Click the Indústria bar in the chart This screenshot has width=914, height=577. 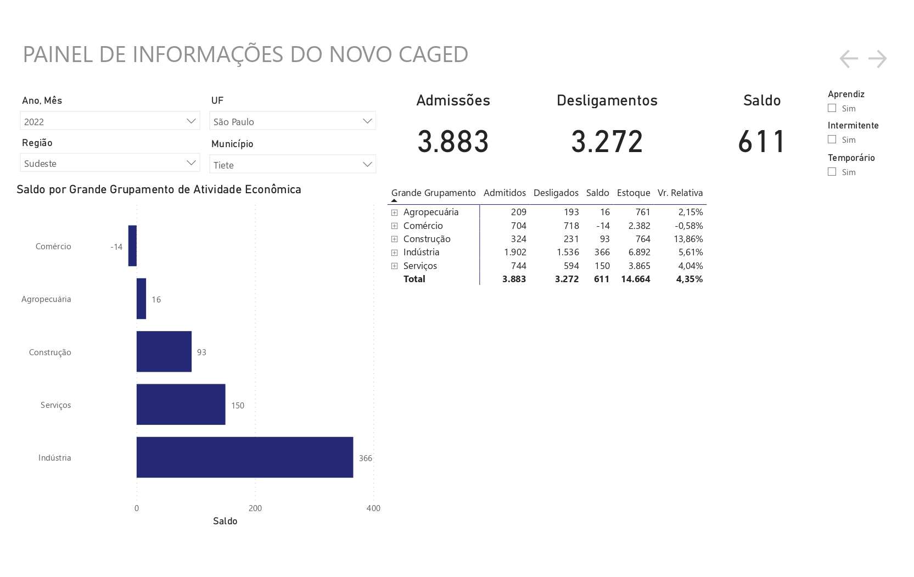245,457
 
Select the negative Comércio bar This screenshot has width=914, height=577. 133,245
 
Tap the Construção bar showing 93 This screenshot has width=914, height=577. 164,351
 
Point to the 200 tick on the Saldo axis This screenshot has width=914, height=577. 255,508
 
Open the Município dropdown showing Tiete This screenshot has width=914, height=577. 293,164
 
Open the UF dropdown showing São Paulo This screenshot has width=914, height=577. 293,121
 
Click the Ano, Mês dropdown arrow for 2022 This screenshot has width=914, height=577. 191,121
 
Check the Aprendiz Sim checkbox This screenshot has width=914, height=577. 832,108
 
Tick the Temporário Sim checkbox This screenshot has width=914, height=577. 832,172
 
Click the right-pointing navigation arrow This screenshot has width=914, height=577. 877,59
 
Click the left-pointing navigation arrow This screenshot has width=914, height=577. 849,59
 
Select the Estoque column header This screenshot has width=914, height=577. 633,193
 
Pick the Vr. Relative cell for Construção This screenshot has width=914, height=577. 688,239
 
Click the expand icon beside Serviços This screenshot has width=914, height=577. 394,266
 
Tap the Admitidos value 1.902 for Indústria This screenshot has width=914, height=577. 515,252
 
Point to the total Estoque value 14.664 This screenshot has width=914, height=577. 636,279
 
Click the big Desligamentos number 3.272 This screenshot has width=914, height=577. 607,142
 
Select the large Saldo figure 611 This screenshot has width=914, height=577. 761,142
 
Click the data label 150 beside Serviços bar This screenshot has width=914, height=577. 238,405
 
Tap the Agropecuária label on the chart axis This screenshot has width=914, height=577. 46,299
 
